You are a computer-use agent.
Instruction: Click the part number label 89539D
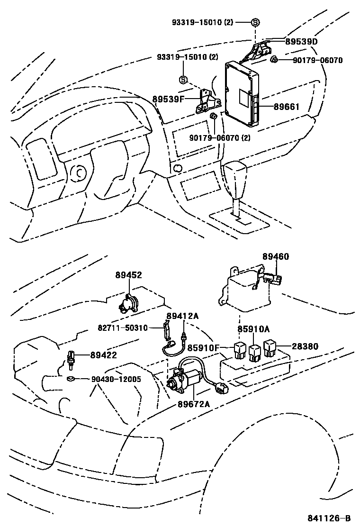(301, 42)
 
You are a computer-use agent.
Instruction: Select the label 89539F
(168, 99)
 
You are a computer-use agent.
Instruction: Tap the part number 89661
(286, 107)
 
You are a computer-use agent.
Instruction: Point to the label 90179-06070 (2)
(219, 138)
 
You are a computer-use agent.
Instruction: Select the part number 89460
(276, 256)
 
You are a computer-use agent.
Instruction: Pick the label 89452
(128, 275)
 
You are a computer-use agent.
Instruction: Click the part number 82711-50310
(123, 328)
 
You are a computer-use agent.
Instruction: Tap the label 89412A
(182, 316)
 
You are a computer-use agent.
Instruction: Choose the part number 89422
(102, 355)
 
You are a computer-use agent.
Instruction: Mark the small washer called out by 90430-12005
(71, 378)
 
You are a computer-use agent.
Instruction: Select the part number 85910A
(253, 329)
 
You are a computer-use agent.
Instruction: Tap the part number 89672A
(194, 404)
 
